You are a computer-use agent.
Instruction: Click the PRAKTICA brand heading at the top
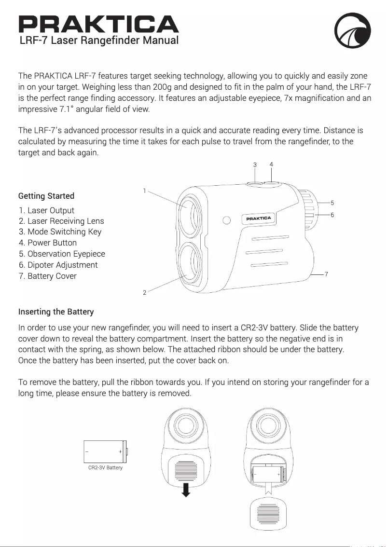(x=98, y=24)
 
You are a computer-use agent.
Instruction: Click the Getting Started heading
(x=46, y=196)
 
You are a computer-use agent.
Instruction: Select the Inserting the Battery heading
(x=56, y=311)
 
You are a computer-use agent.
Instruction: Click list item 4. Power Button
(x=48, y=243)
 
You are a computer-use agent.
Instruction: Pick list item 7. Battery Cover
(x=48, y=276)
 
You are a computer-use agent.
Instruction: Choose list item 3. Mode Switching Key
(x=60, y=232)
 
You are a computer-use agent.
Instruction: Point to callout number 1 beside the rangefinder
(x=144, y=191)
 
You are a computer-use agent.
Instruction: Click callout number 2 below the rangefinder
(x=144, y=293)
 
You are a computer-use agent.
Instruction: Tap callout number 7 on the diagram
(x=327, y=274)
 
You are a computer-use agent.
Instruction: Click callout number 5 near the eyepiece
(x=332, y=203)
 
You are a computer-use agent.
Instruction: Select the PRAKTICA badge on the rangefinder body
(x=260, y=219)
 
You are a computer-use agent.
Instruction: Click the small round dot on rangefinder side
(x=226, y=220)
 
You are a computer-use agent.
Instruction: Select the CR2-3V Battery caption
(x=105, y=468)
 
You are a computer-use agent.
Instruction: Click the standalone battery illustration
(x=105, y=451)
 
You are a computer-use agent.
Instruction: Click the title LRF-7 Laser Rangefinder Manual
(x=99, y=40)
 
